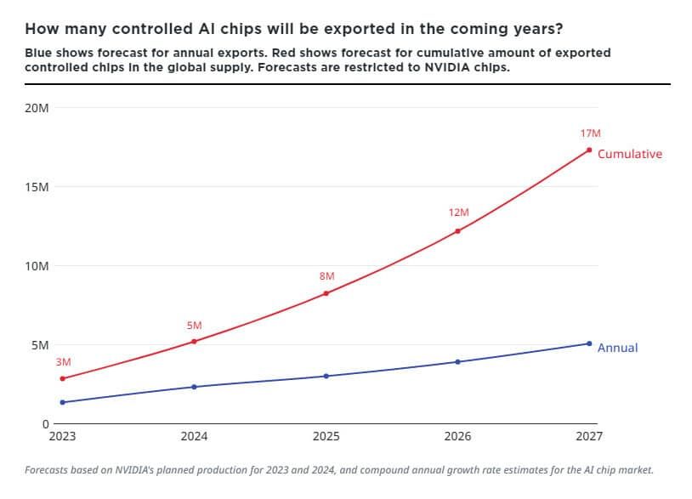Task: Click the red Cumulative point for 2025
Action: coord(326,293)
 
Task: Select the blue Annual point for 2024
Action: coord(194,387)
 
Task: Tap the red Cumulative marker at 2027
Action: coord(589,150)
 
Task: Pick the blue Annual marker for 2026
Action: coord(458,362)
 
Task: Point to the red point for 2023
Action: coord(62,378)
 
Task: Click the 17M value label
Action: coord(591,133)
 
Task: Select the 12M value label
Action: coord(459,213)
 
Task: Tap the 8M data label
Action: coord(326,276)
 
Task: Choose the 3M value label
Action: coord(64,362)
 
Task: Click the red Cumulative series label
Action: coord(630,154)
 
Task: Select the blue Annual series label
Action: coord(617,348)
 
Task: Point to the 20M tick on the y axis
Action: coord(37,108)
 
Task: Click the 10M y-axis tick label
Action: coord(37,266)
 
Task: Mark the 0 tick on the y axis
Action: coord(45,423)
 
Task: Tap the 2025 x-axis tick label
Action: coord(326,436)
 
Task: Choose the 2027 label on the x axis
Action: coord(589,436)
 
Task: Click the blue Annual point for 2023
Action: coord(62,402)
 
